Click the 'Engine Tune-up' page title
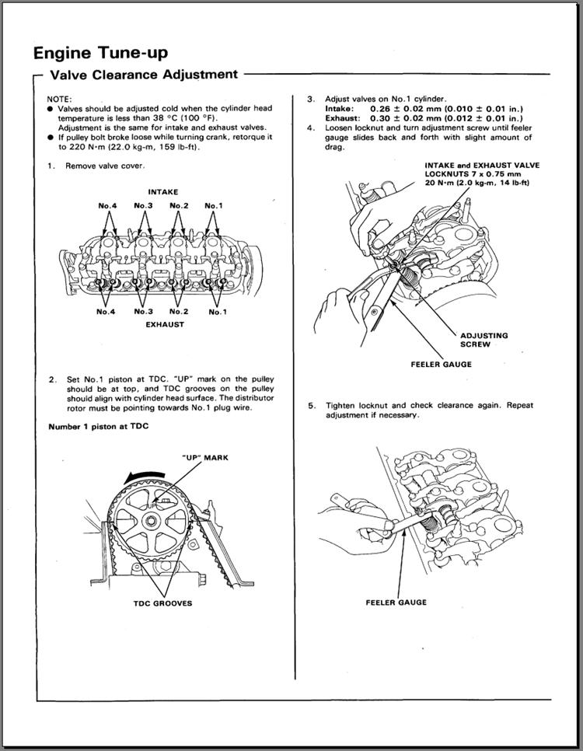[x=99, y=52]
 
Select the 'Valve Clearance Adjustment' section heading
[x=143, y=75]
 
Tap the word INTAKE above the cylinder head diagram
[x=162, y=191]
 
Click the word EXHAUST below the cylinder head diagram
[x=165, y=324]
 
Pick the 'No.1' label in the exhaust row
[x=218, y=311]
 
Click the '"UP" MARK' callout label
[x=204, y=458]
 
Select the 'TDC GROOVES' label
[x=162, y=603]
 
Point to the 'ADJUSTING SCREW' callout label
[x=484, y=339]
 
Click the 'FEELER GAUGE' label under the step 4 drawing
[x=440, y=364]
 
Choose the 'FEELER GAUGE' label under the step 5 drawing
[x=396, y=602]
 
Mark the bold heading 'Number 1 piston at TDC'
[x=98, y=427]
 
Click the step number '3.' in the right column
[x=310, y=100]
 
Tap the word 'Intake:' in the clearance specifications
[x=340, y=109]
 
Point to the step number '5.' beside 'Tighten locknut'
[x=311, y=406]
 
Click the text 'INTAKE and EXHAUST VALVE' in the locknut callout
[x=482, y=166]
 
